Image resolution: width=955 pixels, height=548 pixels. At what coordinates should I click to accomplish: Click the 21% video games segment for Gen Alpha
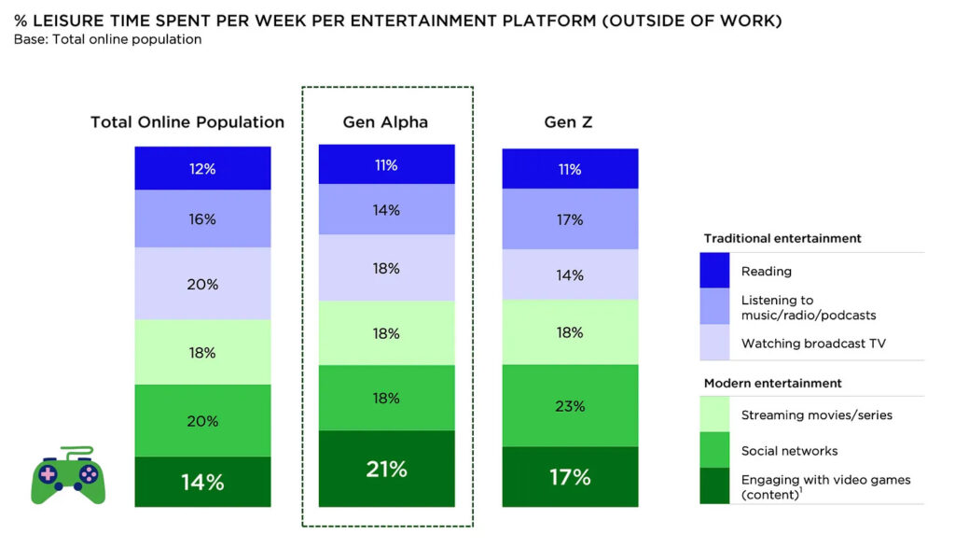pyautogui.click(x=386, y=469)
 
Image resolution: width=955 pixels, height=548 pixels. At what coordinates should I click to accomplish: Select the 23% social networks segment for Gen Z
pyautogui.click(x=570, y=406)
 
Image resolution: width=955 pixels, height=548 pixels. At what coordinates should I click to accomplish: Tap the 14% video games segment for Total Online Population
pyautogui.click(x=202, y=482)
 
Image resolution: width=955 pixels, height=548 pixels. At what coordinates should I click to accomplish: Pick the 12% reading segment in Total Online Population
pyautogui.click(x=202, y=169)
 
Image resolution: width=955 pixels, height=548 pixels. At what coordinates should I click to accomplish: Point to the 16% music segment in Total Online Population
pyautogui.click(x=202, y=219)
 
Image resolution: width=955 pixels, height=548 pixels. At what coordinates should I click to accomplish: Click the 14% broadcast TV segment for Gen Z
pyautogui.click(x=570, y=274)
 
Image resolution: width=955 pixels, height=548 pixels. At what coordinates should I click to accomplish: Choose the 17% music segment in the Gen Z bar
pyautogui.click(x=570, y=219)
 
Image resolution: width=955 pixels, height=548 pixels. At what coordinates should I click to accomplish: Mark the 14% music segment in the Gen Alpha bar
pyautogui.click(x=386, y=210)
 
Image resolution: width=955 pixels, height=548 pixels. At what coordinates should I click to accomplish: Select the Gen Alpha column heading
pyautogui.click(x=385, y=122)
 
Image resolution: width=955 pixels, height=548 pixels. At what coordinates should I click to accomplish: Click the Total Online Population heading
pyautogui.click(x=187, y=122)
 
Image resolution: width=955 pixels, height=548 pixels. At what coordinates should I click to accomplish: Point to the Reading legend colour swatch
pyautogui.click(x=715, y=272)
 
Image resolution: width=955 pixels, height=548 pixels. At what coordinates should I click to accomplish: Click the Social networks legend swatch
pyautogui.click(x=715, y=451)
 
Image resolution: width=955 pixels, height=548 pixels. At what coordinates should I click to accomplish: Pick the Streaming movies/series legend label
pyautogui.click(x=816, y=415)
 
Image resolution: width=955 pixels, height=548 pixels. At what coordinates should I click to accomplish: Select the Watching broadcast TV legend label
pyautogui.click(x=813, y=344)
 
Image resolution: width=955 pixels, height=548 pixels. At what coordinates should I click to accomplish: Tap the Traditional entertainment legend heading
pyautogui.click(x=782, y=238)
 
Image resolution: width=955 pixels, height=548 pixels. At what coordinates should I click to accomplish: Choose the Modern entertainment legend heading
pyautogui.click(x=772, y=383)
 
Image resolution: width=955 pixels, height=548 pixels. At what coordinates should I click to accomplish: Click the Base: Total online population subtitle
pyautogui.click(x=107, y=39)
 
